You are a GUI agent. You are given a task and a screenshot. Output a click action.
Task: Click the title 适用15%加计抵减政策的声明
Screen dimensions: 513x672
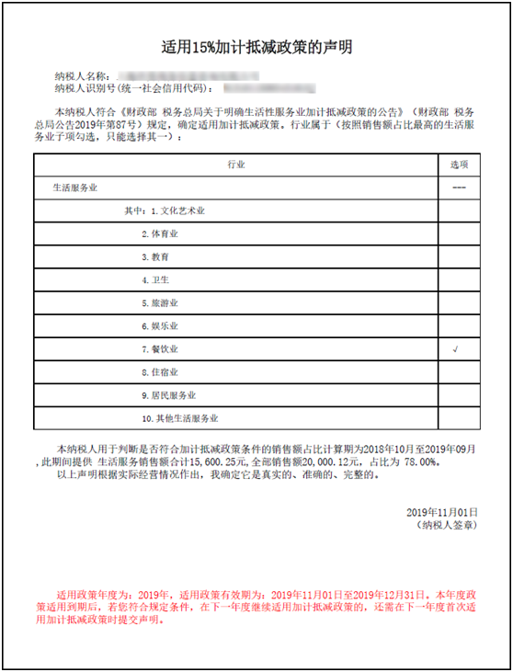click(x=256, y=45)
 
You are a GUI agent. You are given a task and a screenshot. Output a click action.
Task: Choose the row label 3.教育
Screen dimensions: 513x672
click(x=155, y=257)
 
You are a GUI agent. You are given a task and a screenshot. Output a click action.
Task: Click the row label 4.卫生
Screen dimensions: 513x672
click(x=155, y=280)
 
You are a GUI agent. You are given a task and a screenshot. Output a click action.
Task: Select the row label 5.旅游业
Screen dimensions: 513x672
click(x=160, y=303)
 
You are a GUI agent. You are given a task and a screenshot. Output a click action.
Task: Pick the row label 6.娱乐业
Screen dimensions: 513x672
click(x=160, y=326)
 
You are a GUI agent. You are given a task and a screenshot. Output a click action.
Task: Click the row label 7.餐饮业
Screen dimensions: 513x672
click(x=160, y=350)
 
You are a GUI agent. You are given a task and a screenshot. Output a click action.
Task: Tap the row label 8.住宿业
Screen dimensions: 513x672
click(x=160, y=373)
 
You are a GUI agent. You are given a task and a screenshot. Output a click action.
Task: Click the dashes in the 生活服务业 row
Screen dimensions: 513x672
click(x=459, y=188)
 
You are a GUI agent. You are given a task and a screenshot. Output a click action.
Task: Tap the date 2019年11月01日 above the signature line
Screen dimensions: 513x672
click(x=442, y=511)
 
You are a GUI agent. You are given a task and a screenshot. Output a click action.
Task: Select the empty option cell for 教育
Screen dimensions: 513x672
click(x=459, y=257)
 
